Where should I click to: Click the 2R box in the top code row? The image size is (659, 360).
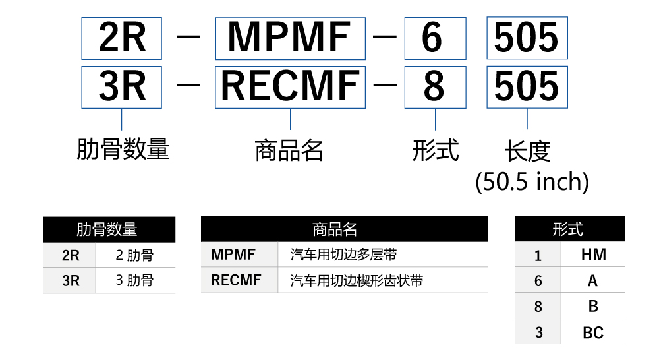122,38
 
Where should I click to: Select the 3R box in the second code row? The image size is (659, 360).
122,86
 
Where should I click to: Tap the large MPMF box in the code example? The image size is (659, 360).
290,38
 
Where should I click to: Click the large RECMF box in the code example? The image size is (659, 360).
290,86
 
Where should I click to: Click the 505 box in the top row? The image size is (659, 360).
527,38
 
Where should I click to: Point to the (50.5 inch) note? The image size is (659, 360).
532,181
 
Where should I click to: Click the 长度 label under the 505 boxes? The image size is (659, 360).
527,151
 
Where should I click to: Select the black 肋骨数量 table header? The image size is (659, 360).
109,229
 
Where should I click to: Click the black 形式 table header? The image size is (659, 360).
569,229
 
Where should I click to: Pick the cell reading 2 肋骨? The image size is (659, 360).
135,255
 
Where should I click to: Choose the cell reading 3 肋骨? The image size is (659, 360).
135,280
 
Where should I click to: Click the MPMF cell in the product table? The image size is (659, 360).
233,255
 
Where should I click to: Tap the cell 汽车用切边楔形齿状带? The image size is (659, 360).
357,281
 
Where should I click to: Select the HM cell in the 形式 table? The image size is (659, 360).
592,255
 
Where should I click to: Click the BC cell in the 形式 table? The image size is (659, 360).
592,332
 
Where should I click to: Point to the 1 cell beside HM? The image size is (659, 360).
538,255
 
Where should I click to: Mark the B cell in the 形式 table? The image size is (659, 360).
592,307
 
